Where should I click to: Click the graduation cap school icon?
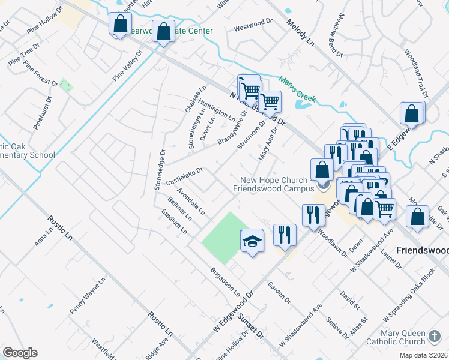252,241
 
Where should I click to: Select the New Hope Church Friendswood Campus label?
274,184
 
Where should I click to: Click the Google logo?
20,353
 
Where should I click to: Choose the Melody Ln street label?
300,34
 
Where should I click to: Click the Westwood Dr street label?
253,28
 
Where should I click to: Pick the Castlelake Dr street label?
185,175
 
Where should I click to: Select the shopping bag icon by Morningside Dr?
417,217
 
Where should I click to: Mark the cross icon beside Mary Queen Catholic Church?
433,336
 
